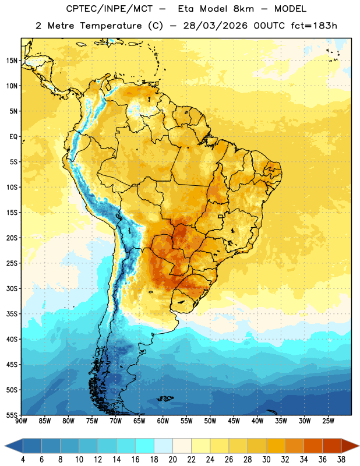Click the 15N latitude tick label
pos(12,61)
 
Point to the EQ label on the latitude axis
pos(13,137)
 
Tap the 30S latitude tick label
pos(12,288)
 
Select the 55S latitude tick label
pos(12,415)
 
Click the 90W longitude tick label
pos(21,421)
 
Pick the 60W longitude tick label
pos(163,421)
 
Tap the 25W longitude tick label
pos(328,421)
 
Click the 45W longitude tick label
pos(234,421)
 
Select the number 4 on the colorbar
pos(23,460)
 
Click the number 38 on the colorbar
pos(341,460)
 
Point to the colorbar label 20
pos(172,460)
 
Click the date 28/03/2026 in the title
pos(215,26)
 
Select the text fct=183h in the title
pos(314,26)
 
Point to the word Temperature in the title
pos(111,26)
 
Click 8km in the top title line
pos(243,9)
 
